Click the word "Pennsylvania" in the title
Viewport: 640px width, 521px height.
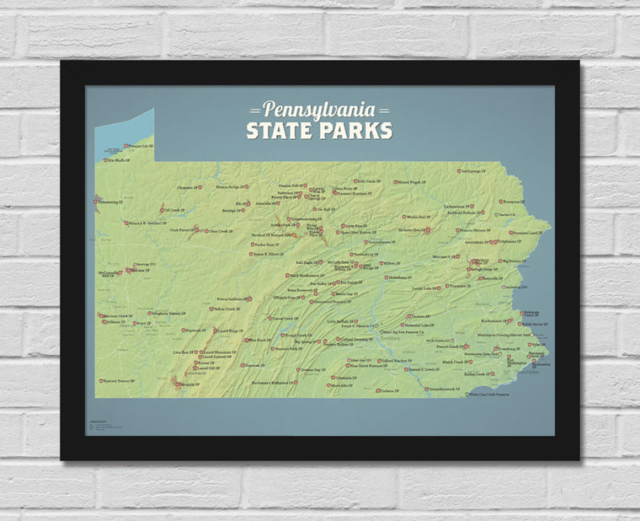click(x=319, y=110)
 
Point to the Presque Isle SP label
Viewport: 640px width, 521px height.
click(x=136, y=146)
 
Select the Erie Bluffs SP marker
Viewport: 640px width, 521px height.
click(x=104, y=159)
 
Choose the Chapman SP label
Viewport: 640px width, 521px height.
click(x=186, y=187)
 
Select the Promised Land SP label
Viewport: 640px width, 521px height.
click(x=530, y=232)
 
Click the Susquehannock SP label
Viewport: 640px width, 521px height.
click(x=443, y=389)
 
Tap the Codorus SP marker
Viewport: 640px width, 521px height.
click(x=377, y=390)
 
